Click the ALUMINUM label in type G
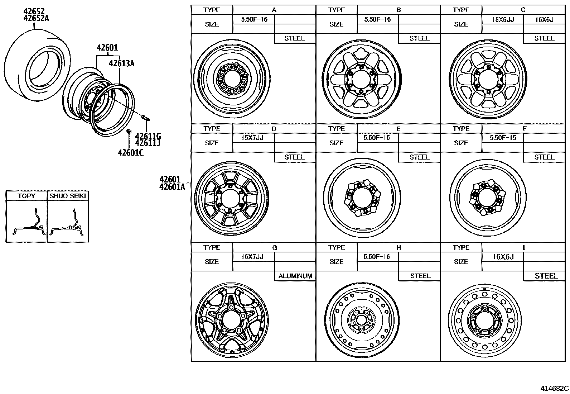coord(295,276)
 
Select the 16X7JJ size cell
coord(252,257)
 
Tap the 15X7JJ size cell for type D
coord(252,138)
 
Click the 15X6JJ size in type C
coord(502,20)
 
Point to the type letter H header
coord(398,248)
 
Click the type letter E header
coord(398,129)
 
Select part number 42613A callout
coord(121,63)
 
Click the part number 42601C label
coord(131,153)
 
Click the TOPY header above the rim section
coord(26,196)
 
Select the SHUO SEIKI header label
coord(68,196)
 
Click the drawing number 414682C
coord(554,388)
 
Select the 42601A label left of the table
coord(172,186)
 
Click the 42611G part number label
coord(148,137)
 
